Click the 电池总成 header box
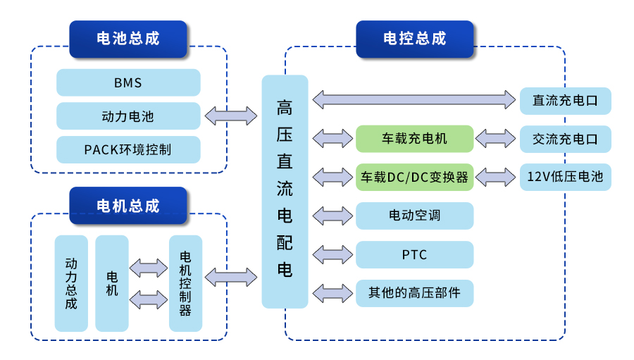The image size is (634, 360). click(128, 39)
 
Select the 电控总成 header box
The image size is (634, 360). click(414, 39)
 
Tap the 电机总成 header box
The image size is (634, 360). click(128, 206)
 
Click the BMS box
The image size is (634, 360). click(128, 82)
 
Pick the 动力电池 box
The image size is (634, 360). click(128, 116)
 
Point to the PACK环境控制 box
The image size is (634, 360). click(128, 150)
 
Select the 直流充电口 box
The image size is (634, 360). click(565, 101)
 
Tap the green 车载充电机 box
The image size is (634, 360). click(414, 139)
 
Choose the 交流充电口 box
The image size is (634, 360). click(565, 139)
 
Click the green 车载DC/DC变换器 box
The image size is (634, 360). click(414, 177)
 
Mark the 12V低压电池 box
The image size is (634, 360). click(565, 177)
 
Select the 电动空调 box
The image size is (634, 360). click(414, 215)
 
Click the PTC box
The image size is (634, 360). click(414, 254)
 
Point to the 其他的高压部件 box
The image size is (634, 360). click(414, 292)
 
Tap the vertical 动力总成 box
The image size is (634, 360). click(71, 283)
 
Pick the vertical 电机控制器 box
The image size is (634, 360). click(185, 283)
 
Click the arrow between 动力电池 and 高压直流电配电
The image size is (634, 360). click(231, 116)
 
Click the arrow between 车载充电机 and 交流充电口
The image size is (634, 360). click(497, 138)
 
